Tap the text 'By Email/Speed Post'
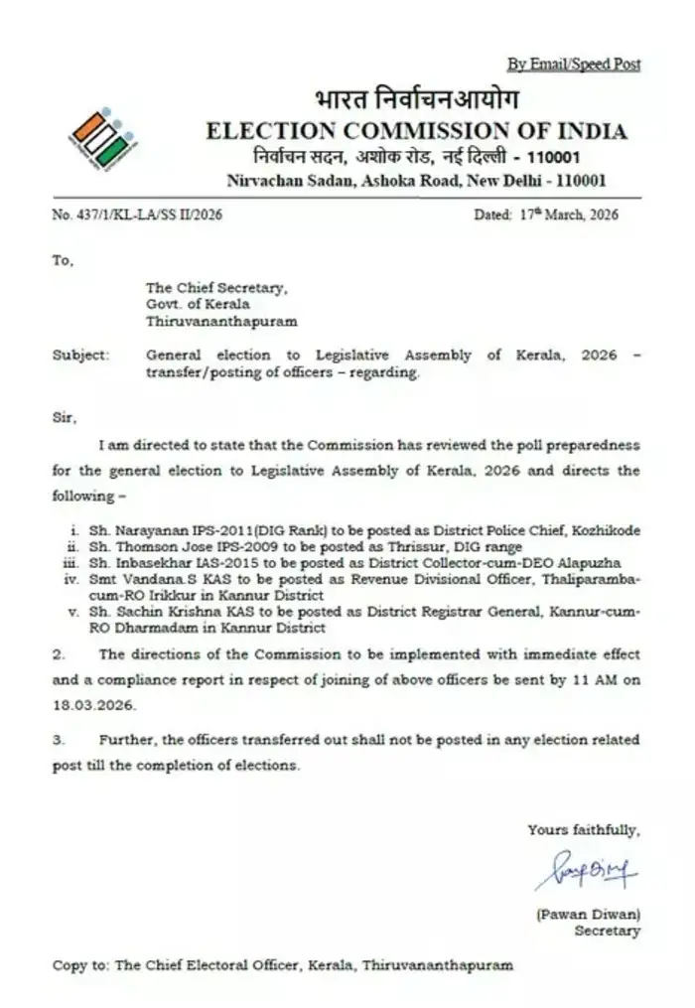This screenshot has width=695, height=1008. [574, 65]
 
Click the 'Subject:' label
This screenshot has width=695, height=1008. [80, 355]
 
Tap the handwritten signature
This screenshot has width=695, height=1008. [586, 875]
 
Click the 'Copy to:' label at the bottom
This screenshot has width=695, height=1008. [80, 964]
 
